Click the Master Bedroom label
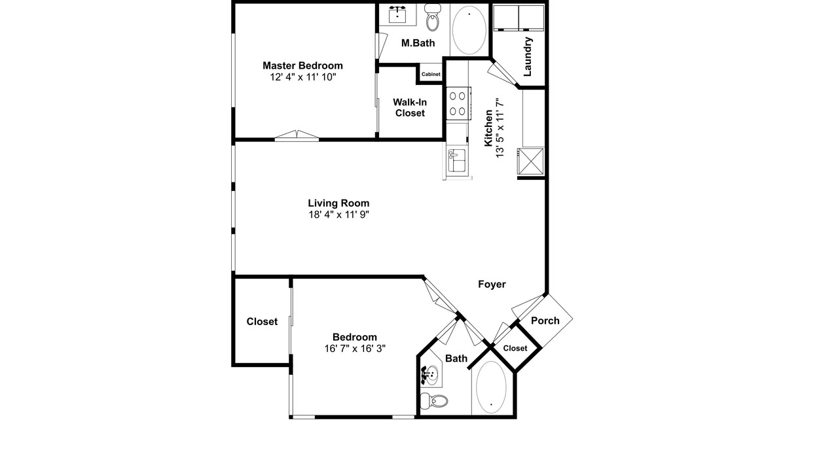click(302, 65)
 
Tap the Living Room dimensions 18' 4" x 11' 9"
click(339, 215)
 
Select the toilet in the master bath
click(433, 18)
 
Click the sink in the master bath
click(397, 15)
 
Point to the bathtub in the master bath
click(469, 30)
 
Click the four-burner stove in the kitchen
click(458, 103)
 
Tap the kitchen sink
click(457, 160)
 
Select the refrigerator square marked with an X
click(530, 161)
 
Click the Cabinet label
click(431, 74)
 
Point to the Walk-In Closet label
click(410, 108)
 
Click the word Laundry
click(528, 56)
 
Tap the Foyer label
click(492, 285)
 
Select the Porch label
click(545, 321)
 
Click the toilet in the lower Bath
click(434, 401)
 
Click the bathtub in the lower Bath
click(491, 387)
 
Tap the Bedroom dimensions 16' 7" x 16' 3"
click(355, 349)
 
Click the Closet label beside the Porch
click(515, 349)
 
